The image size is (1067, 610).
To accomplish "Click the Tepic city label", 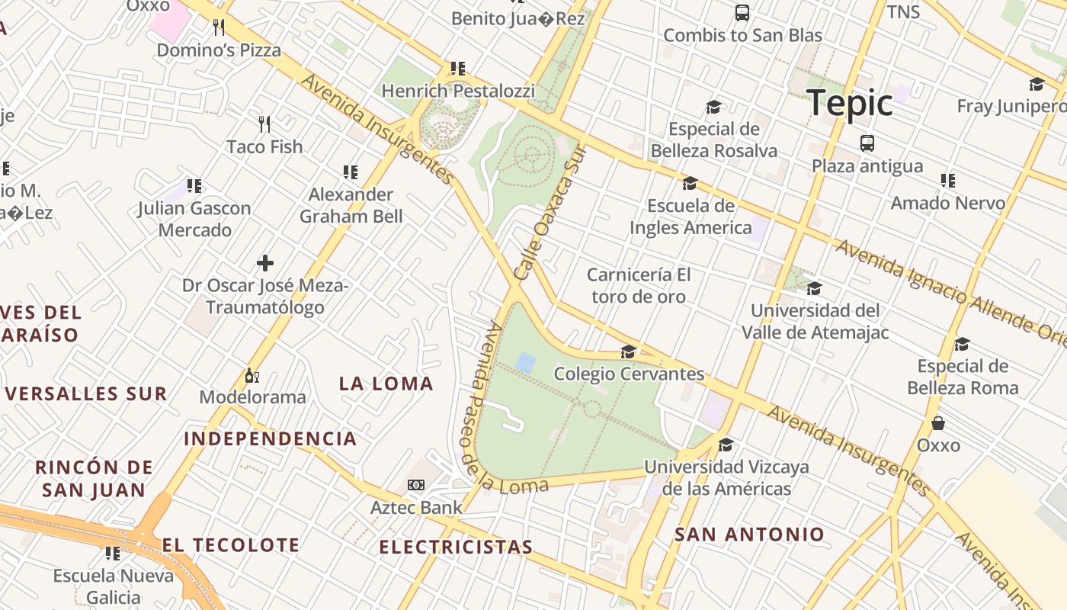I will tap(849, 102).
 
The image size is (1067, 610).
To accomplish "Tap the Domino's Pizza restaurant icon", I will tap(219, 27).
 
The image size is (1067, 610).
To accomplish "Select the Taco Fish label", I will tap(264, 146).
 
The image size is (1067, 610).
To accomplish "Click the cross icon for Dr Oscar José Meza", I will tap(265, 264).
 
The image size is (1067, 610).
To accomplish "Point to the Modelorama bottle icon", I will tap(252, 376).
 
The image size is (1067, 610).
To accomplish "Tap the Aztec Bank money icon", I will tap(415, 485).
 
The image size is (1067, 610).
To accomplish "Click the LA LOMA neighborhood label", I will tap(386, 384).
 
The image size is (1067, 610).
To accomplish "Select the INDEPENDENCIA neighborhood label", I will tap(271, 438).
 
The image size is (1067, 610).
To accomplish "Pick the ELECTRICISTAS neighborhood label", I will tap(456, 547).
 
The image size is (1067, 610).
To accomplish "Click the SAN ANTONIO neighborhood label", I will tap(749, 535).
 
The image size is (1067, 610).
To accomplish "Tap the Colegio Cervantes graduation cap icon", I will tap(629, 352).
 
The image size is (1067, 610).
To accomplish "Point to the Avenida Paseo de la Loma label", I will tap(495, 412).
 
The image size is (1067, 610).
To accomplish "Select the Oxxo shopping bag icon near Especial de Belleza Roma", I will tap(938, 422).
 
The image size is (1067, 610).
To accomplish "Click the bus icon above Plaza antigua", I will tap(867, 143).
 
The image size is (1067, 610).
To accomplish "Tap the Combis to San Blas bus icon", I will tap(742, 12).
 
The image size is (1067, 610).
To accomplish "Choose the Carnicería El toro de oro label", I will tap(639, 285).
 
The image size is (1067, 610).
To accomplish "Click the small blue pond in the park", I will tap(525, 362).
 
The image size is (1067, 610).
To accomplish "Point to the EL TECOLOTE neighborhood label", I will tap(230, 545).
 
